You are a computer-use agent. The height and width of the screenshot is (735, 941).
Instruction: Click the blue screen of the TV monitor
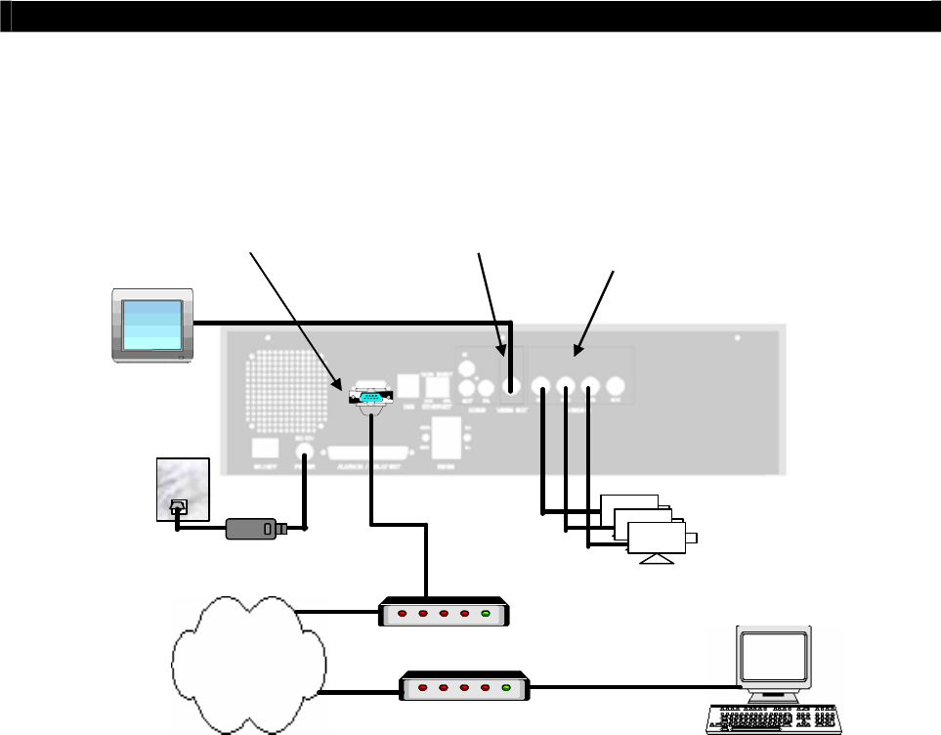pos(151,323)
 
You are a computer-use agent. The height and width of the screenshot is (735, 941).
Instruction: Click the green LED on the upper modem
pos(486,614)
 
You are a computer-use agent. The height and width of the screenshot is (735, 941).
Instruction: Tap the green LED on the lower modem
pos(505,687)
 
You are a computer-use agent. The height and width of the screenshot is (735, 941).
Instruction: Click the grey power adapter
pos(252,529)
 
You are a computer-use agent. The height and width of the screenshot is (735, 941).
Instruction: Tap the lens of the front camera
pos(692,538)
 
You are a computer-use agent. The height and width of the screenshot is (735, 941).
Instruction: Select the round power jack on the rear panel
pos(303,455)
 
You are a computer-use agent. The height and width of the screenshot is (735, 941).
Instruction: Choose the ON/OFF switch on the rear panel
pos(261,450)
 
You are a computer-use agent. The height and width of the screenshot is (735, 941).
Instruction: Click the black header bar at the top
pos(470,16)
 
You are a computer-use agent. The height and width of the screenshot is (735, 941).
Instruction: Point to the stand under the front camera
pos(654,558)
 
